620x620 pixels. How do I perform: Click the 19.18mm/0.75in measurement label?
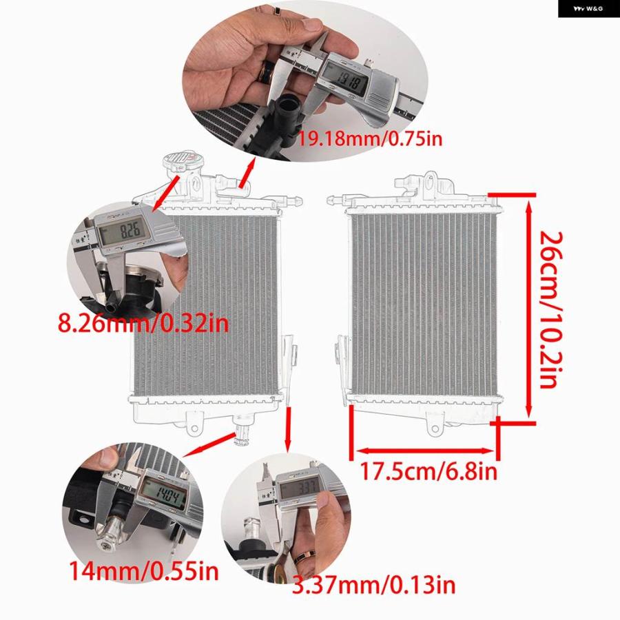tap(369, 138)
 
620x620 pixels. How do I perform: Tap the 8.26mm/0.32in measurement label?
tap(143, 323)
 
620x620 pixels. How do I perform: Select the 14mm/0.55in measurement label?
tap(144, 570)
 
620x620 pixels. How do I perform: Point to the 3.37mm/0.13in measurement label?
tap(373, 586)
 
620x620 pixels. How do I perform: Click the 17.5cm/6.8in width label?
tap(428, 471)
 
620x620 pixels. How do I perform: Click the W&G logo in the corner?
tap(589, 9)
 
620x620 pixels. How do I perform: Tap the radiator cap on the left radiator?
tap(180, 163)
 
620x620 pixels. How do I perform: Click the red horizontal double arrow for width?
tap(425, 451)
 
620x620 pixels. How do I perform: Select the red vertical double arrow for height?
tap(529, 309)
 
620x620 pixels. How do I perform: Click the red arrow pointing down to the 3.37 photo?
tap(288, 429)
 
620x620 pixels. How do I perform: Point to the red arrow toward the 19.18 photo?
tap(247, 172)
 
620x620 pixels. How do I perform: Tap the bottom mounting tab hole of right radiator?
tap(435, 428)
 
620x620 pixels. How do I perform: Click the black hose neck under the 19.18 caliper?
tap(287, 113)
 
